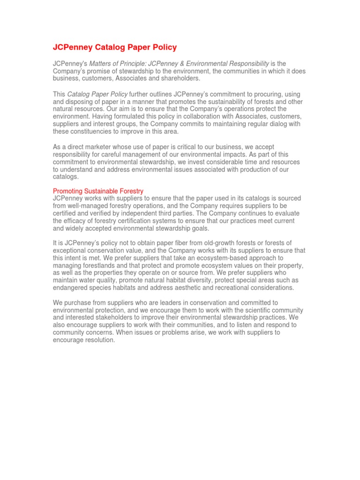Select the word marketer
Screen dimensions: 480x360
pyautogui.click(x=97, y=147)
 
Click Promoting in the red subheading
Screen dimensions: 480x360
pyautogui.click(x=69, y=191)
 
